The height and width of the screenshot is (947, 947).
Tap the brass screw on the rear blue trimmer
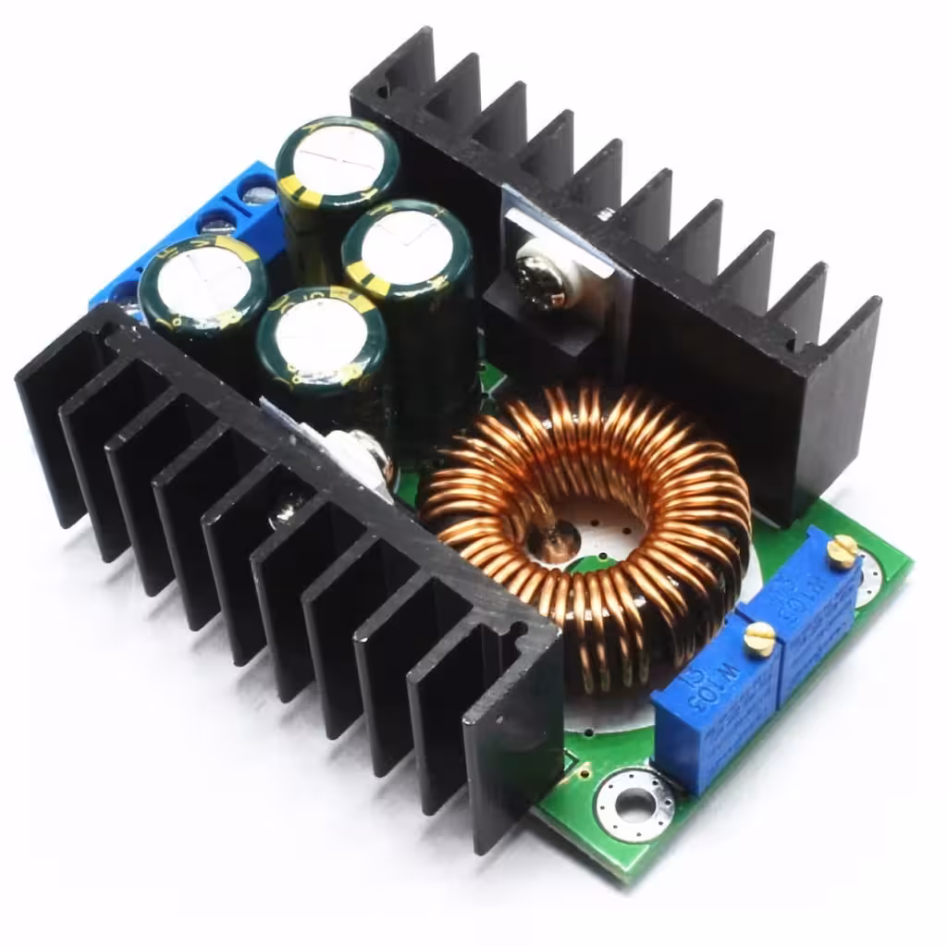[x=842, y=551]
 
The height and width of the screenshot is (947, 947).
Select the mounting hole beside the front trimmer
[x=634, y=804]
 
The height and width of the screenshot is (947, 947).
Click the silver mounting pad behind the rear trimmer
[x=870, y=578]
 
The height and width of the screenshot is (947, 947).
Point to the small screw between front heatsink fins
[x=288, y=504]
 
